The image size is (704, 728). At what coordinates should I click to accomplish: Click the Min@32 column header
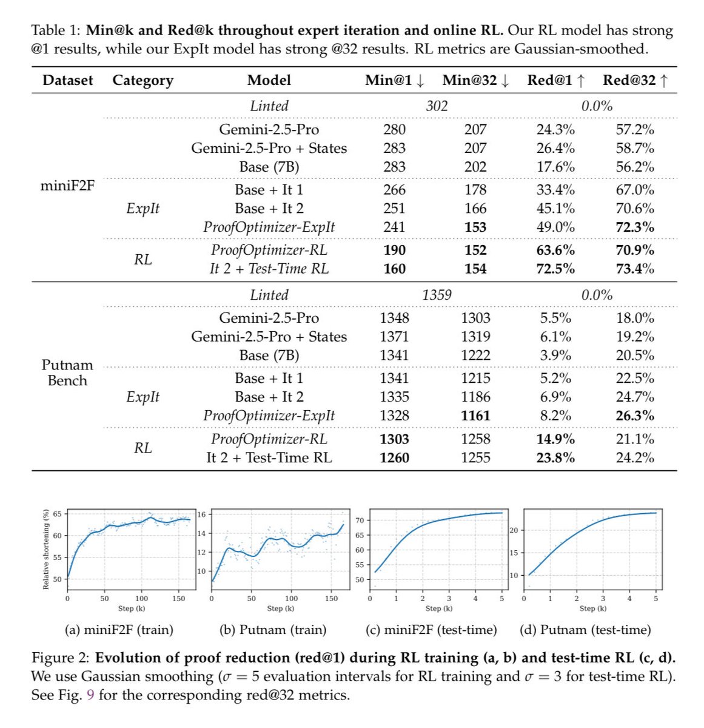pos(475,80)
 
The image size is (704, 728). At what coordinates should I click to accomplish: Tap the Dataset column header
pos(68,80)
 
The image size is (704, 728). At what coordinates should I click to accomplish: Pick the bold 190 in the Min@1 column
pos(394,250)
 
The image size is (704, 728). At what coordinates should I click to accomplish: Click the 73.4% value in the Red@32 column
pos(635,269)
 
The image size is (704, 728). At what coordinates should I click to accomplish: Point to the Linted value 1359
pos(437,295)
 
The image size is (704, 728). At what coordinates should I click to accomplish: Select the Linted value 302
pos(437,106)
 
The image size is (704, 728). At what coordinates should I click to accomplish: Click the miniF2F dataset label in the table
pos(67,186)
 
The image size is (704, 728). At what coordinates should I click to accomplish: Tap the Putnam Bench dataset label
pos(67,372)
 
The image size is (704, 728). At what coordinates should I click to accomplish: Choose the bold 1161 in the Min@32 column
pos(475,416)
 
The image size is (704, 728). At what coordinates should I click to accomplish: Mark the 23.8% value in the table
pos(555,457)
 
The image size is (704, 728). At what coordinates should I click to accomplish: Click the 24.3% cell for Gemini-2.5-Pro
pos(555,129)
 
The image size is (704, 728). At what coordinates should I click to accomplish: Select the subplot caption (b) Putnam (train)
pos(273,630)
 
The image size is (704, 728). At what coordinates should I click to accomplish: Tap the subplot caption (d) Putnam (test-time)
pos(585,630)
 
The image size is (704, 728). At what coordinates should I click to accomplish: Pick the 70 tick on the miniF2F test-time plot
pos(360,521)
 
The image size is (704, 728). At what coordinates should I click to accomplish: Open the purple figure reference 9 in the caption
pos(90,695)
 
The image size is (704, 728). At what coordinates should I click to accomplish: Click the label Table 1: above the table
pos(56,30)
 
